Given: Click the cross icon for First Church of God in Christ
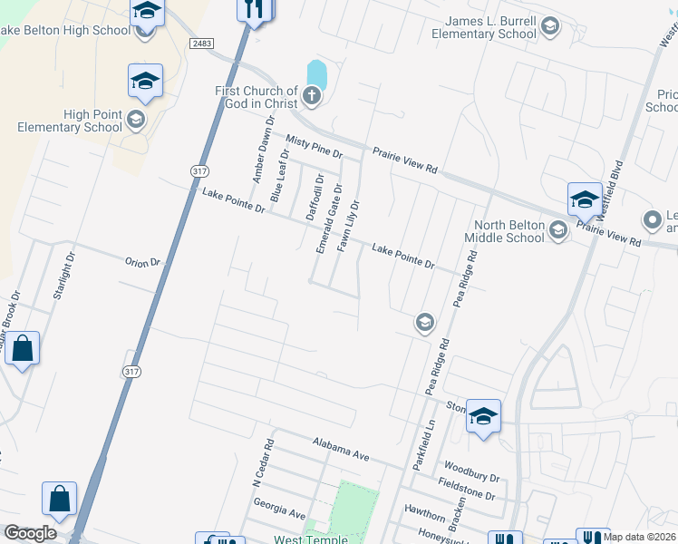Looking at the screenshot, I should [312, 96].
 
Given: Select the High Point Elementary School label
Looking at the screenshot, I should [69, 121].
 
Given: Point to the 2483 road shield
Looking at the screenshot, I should [201, 44].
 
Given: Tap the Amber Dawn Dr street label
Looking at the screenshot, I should [264, 150].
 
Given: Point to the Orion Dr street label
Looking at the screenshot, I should [142, 262].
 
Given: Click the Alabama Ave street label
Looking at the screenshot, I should [341, 450].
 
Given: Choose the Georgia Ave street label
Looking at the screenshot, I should [279, 508].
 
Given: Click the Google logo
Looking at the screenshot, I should [31, 534].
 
